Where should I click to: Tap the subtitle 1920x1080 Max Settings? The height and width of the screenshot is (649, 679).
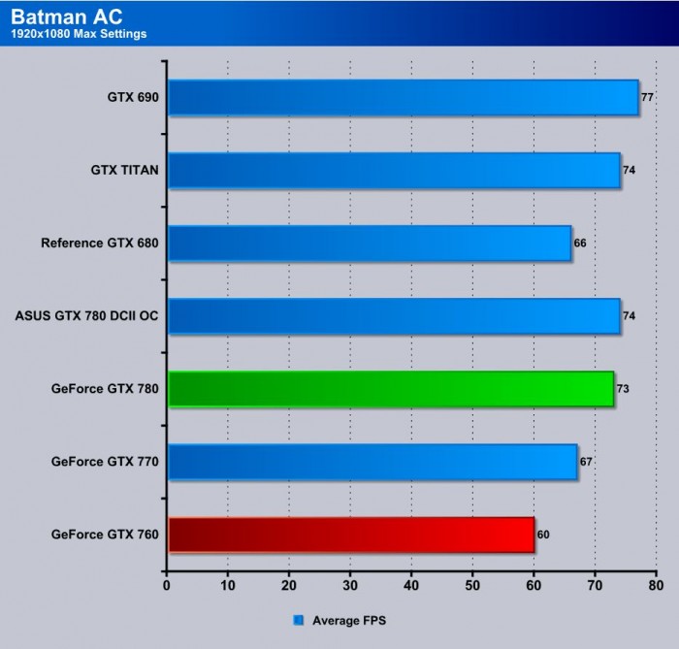(80, 36)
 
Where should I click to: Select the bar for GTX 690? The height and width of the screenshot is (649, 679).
(403, 97)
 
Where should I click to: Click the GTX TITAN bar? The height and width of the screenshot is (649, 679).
(394, 170)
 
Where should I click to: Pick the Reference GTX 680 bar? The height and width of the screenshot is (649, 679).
(370, 243)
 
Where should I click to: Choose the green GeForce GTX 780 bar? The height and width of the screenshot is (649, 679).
(391, 389)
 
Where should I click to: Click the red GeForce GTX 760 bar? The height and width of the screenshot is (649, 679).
(351, 535)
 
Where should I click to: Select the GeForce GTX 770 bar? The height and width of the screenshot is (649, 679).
(372, 462)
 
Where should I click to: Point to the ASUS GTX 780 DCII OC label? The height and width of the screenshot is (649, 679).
(86, 315)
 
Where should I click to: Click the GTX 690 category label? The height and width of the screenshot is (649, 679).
(133, 97)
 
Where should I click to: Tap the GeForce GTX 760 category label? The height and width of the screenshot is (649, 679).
(105, 535)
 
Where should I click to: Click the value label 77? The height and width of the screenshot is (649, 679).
(647, 97)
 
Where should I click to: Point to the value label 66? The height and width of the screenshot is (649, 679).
(580, 243)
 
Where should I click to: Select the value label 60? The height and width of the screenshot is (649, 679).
(543, 535)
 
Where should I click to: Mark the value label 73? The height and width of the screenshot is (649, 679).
(623, 389)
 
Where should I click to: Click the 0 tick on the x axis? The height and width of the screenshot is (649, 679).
(167, 586)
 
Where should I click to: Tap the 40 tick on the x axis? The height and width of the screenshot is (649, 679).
(411, 586)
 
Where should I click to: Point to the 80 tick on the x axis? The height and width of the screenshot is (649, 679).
(656, 586)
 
